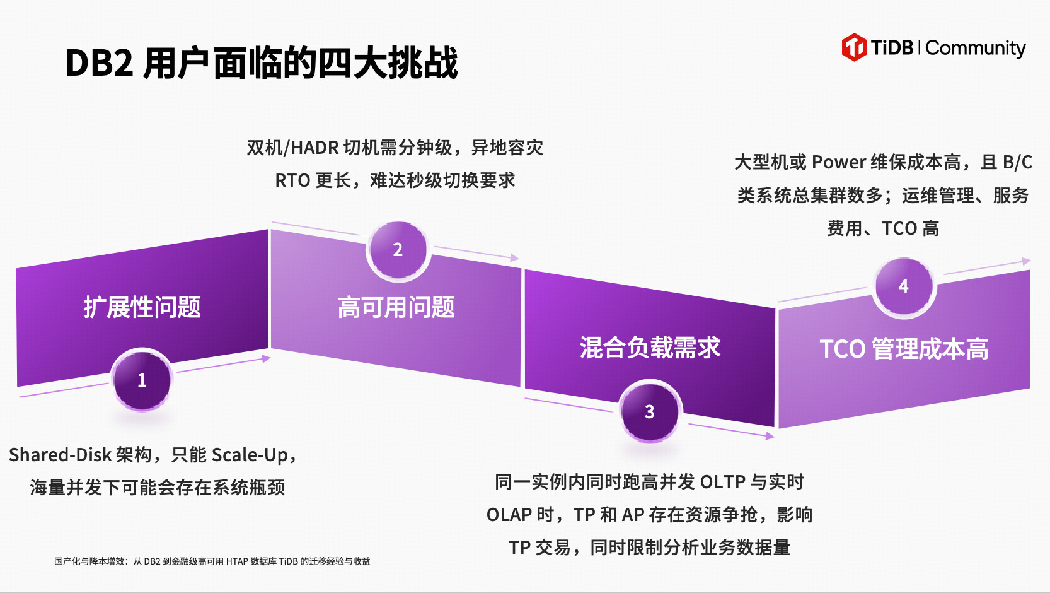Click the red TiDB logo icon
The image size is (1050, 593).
(x=854, y=47)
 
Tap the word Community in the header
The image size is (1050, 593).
(x=976, y=49)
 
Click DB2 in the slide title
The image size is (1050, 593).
(x=100, y=63)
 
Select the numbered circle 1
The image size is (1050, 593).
(x=142, y=380)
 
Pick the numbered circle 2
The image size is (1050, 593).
(x=398, y=250)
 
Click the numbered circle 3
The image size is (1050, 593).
(x=650, y=412)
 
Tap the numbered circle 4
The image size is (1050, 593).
(x=904, y=286)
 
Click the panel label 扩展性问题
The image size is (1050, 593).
(x=142, y=308)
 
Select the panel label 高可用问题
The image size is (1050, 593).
(x=396, y=308)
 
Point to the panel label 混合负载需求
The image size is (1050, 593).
(x=650, y=348)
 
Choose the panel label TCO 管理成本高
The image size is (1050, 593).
(x=904, y=349)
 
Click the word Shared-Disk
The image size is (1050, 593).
(x=60, y=455)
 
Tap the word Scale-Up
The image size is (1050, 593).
(x=250, y=455)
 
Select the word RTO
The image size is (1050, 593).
(x=292, y=180)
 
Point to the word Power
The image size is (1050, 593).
(x=839, y=162)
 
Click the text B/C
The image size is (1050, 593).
(x=1018, y=162)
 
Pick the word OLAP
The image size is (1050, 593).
(x=509, y=515)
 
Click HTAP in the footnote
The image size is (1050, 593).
(x=237, y=561)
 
